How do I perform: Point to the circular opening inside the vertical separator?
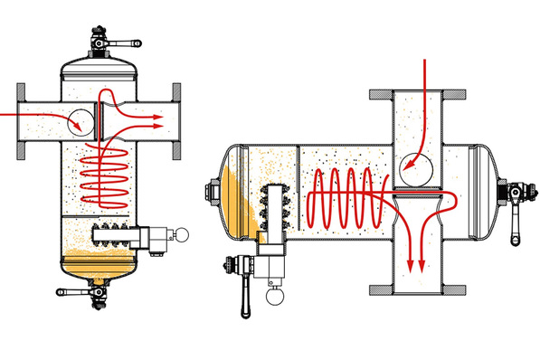click(x=84, y=118)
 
